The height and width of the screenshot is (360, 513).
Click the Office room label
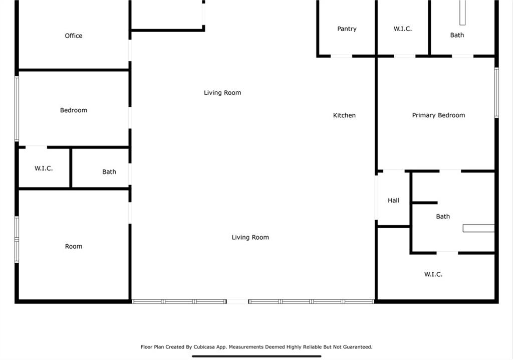[73, 36]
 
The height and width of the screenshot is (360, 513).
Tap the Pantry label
[347, 29]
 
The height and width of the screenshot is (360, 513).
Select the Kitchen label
[344, 115]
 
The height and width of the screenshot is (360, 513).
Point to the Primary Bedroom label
[438, 115]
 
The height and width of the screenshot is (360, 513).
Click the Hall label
[393, 201]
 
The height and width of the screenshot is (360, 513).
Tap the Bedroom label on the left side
[74, 110]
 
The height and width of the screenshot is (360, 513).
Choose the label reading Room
[74, 246]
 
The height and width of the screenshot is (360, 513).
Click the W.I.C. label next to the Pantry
[402, 29]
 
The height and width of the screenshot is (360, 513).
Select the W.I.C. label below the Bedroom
[44, 168]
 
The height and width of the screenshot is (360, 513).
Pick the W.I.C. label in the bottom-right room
[433, 274]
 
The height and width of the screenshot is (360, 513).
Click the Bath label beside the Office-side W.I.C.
[109, 171]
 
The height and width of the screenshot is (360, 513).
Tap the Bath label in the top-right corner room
[457, 35]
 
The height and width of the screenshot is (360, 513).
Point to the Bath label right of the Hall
[443, 217]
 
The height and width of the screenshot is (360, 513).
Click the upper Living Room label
[222, 93]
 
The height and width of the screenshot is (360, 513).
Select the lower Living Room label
[250, 237]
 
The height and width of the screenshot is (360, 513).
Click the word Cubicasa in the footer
[207, 347]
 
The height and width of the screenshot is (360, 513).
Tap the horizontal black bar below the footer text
[256, 356]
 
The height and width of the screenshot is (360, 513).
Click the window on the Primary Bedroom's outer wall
[496, 92]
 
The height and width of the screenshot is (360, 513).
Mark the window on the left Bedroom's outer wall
[17, 109]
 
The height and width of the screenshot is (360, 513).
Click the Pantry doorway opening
[342, 56]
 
